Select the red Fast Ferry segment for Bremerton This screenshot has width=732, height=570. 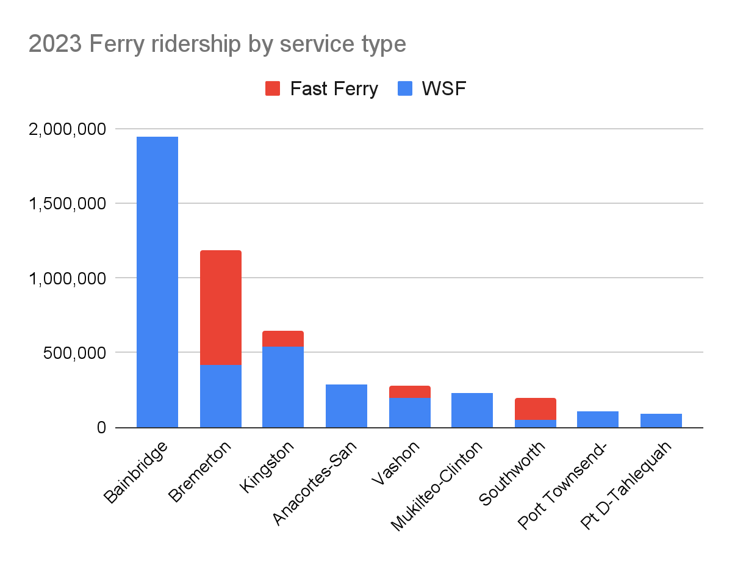pos(221,308)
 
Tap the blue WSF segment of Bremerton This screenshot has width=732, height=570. pos(221,396)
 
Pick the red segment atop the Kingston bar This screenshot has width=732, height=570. pos(283,339)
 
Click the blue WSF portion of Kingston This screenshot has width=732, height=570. pos(283,387)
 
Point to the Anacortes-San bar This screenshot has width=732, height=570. pos(346,406)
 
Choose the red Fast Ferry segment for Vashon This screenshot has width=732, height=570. pos(410,392)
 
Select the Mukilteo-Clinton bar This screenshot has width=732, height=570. pos(472,410)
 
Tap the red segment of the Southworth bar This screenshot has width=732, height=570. pos(536,409)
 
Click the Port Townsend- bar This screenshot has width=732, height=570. pos(598,419)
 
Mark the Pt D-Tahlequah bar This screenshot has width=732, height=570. pos(661,420)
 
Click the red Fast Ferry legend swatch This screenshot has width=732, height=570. pos(273,89)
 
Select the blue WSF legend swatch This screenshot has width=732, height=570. pos(405,89)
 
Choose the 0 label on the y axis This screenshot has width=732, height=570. pos(101,428)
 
